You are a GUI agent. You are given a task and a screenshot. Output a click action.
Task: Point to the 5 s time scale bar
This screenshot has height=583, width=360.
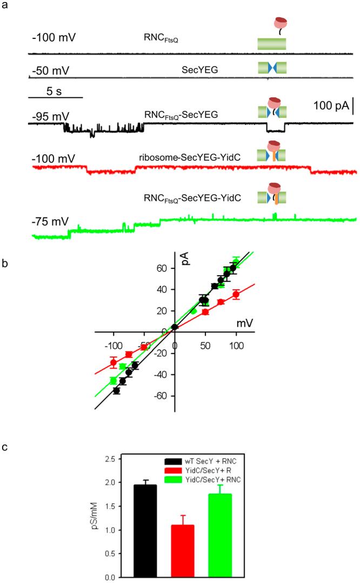[55, 97]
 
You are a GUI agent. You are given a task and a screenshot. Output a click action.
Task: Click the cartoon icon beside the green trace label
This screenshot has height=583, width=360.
[271, 195]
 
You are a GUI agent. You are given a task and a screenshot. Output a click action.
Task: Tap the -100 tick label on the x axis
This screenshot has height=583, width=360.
[114, 344]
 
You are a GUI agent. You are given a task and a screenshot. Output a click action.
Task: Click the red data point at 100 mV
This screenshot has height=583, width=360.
[236, 295]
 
